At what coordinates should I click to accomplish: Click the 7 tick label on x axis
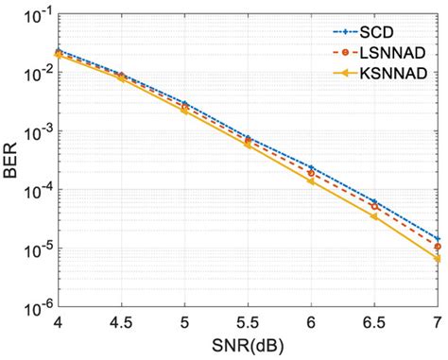(x=437, y=323)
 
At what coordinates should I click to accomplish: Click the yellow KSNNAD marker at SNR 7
(x=437, y=257)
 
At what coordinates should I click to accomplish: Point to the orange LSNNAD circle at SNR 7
(x=437, y=246)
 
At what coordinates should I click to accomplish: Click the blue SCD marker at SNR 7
(x=437, y=238)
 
